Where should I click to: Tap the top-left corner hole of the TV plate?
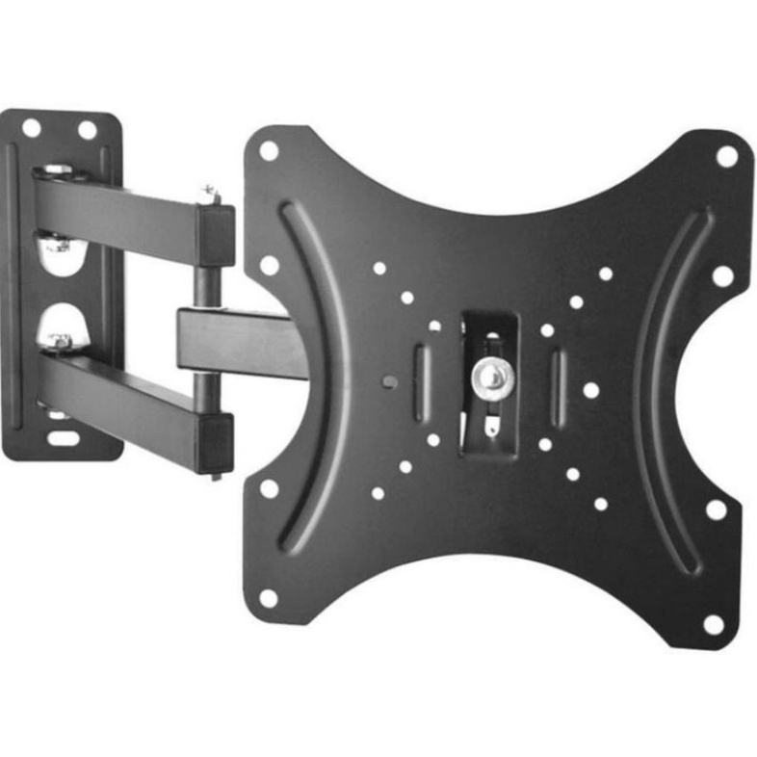tap(268, 151)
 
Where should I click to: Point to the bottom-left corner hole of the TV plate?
tap(269, 598)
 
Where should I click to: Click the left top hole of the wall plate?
tap(31, 127)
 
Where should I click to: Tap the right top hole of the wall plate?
tap(87, 129)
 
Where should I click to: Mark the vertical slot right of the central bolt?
tap(558, 386)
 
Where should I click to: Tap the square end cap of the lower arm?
tap(216, 442)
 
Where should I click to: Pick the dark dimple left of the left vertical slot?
tap(387, 381)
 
